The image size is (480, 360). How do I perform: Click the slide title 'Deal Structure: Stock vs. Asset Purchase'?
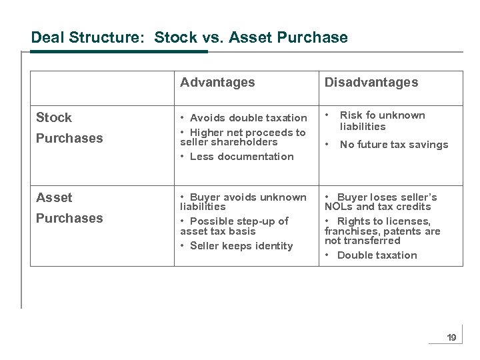click(x=189, y=37)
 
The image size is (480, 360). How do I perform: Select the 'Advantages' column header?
click(x=217, y=83)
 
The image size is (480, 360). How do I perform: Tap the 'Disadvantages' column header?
click(x=371, y=83)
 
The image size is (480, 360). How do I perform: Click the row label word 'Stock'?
click(x=54, y=118)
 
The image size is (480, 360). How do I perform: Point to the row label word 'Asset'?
click(x=54, y=198)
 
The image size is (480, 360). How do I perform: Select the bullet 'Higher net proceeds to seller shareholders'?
click(x=243, y=137)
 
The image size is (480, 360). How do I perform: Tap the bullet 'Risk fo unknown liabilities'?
click(x=382, y=121)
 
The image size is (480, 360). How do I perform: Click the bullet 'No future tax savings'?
click(x=393, y=145)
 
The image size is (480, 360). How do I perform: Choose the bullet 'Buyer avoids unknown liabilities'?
click(x=243, y=202)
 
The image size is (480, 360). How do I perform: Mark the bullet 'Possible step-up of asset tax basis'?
click(x=235, y=226)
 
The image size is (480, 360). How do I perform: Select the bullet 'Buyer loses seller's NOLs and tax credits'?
click(x=381, y=202)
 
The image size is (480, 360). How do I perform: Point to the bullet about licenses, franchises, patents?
click(x=382, y=231)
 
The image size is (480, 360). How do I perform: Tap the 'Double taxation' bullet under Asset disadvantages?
click(x=377, y=255)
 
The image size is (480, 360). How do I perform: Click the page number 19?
click(x=451, y=338)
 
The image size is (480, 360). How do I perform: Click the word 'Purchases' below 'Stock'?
click(x=69, y=139)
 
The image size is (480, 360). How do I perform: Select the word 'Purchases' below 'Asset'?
click(x=69, y=219)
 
